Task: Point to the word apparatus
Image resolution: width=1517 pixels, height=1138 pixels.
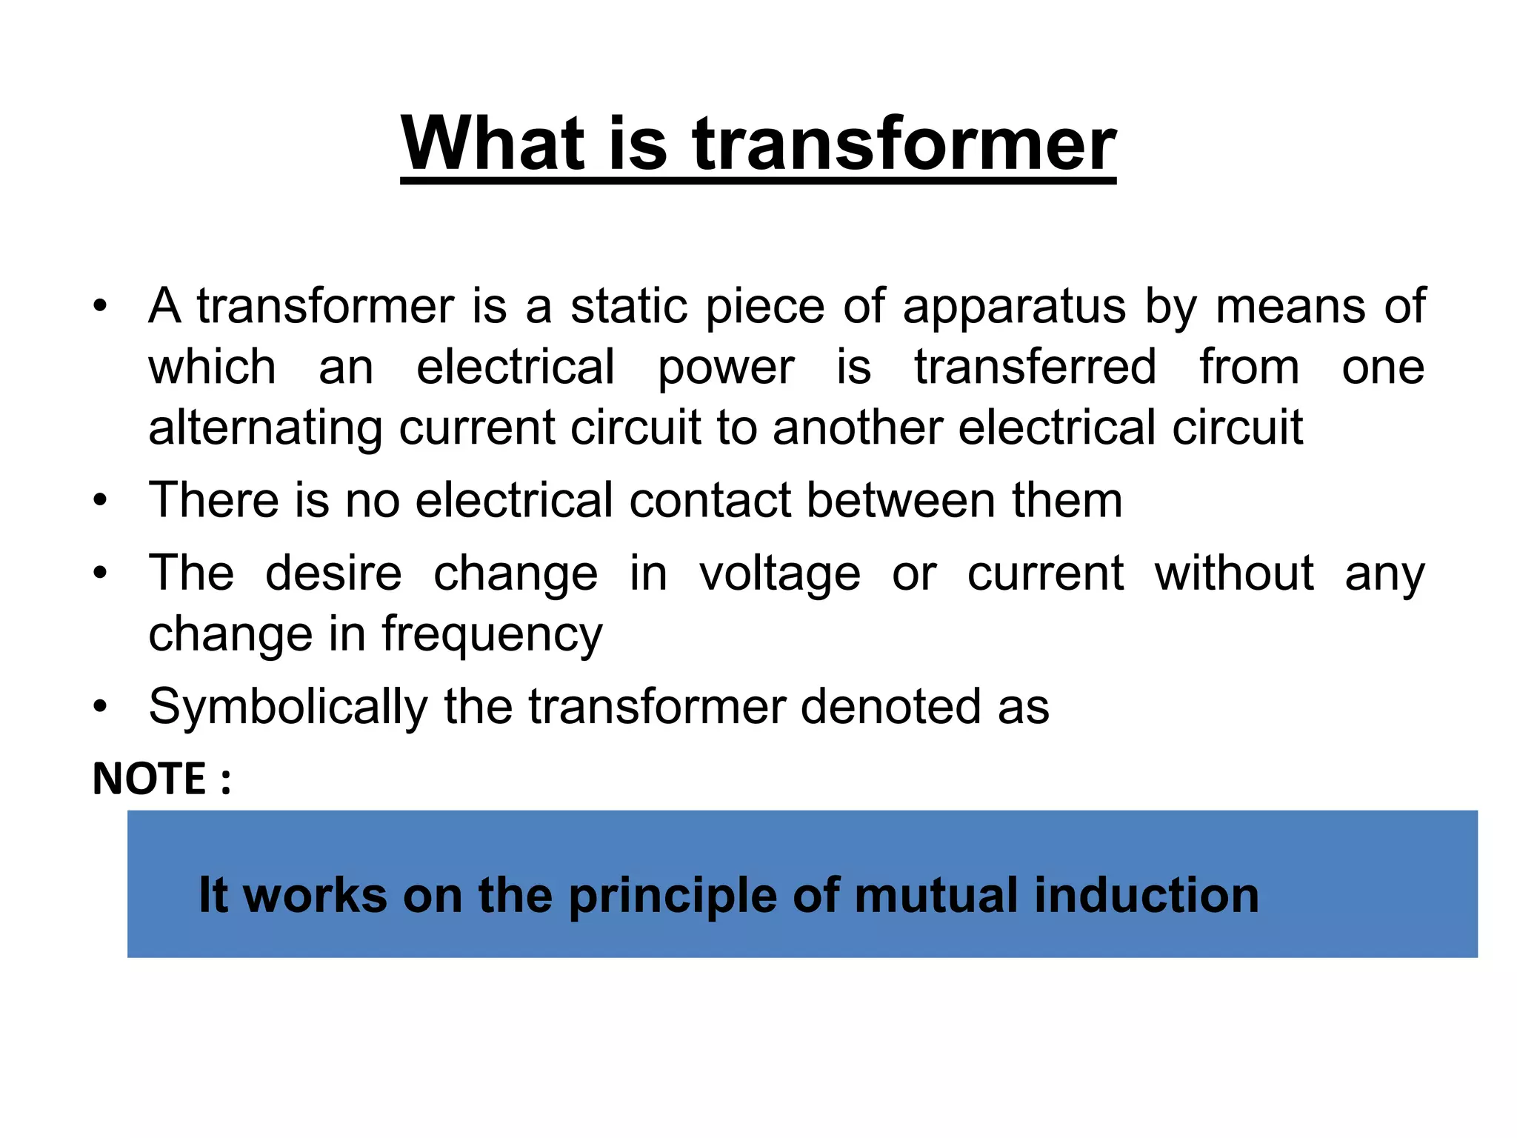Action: pyautogui.click(x=1014, y=307)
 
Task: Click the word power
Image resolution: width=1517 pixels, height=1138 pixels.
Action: pyautogui.click(x=726, y=368)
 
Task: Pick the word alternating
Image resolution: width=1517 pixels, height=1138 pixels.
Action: pyautogui.click(x=265, y=429)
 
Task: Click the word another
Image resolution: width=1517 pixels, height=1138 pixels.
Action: pyautogui.click(x=858, y=427)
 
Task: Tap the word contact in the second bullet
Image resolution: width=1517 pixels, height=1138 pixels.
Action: pyautogui.click(x=710, y=500)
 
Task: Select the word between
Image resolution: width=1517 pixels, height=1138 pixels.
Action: pyautogui.click(x=901, y=500)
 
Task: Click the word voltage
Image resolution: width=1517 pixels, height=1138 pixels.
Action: pyautogui.click(x=780, y=574)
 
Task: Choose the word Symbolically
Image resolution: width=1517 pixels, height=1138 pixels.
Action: pyautogui.click(x=288, y=708)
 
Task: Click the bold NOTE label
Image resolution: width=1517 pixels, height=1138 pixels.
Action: pyautogui.click(x=150, y=779)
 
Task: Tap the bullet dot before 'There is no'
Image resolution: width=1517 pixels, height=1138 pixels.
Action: pyautogui.click(x=100, y=501)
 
